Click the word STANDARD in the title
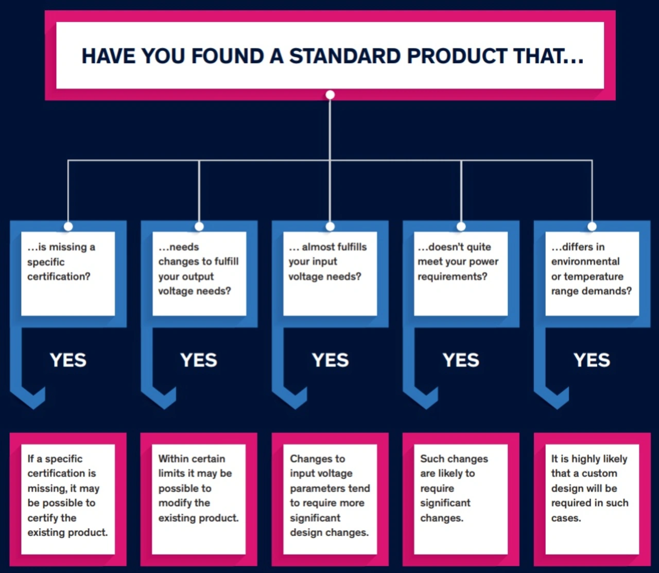coord(344,56)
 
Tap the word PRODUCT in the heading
coord(457,56)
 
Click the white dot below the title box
coord(330,95)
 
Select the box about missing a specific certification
coord(68,273)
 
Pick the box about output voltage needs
coord(199,273)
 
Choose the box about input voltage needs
coord(330,273)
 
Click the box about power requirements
coord(461,273)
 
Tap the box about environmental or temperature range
coord(592,273)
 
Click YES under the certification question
coord(68,360)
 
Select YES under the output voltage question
coord(199,360)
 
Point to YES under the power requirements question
coord(461,360)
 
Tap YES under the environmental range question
coord(592,360)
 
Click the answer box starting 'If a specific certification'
coord(68,499)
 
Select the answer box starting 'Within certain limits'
coord(199,499)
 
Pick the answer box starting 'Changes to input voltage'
coord(330,499)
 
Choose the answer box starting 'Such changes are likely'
coord(461,499)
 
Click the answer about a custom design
coord(592,499)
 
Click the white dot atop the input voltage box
coord(330,227)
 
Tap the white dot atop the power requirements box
coord(461,227)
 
